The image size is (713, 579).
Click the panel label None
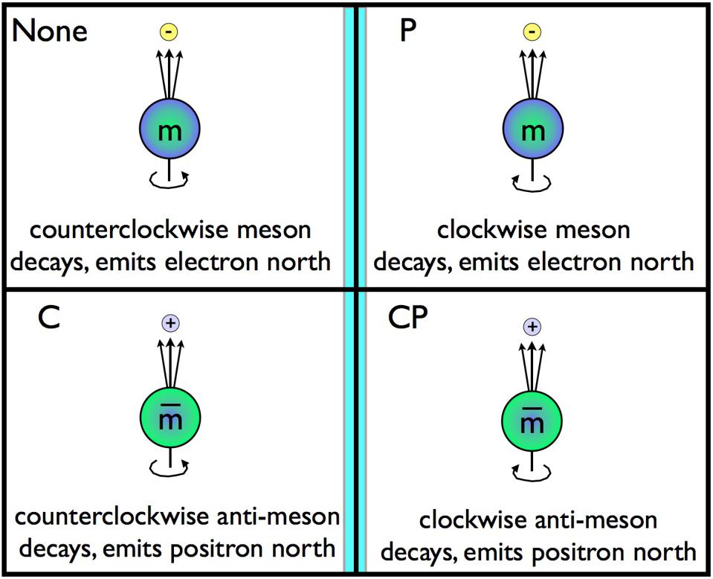50,31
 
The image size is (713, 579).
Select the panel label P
408,32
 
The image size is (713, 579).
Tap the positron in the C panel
172,322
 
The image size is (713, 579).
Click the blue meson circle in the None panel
171,131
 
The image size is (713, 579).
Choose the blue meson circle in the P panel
532,131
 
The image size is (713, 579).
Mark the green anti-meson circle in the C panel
171,418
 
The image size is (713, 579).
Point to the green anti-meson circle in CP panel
532,423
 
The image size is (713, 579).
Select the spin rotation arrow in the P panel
532,179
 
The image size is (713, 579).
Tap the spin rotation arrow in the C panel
171,467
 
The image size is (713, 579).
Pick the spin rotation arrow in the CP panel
532,470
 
